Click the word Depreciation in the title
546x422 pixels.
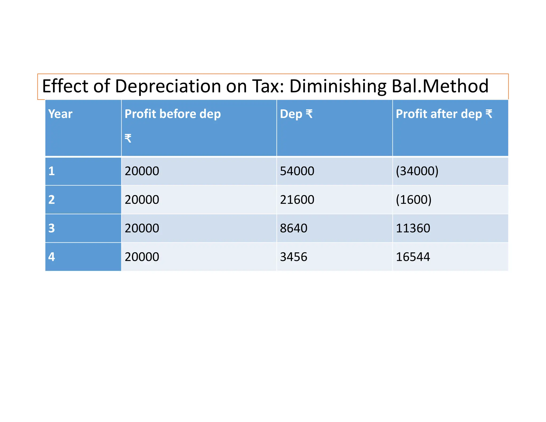(168, 86)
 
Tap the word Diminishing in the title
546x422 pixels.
(338, 86)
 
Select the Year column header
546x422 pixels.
(60, 114)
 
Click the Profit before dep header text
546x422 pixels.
(172, 114)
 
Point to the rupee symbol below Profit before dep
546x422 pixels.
(128, 138)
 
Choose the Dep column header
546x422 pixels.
(296, 114)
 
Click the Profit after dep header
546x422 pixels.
(444, 114)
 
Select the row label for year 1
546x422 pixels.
(51, 171)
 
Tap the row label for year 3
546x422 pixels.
(51, 228)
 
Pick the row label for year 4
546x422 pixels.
(51, 257)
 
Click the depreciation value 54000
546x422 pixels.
(297, 171)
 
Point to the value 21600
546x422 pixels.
(297, 200)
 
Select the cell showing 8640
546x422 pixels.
(294, 228)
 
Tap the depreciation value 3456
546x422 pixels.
(294, 257)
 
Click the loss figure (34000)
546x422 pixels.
(417, 171)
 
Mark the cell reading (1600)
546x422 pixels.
(413, 200)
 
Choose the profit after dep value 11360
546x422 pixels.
(413, 228)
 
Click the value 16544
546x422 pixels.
(413, 257)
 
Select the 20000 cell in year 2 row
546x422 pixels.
(142, 200)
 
